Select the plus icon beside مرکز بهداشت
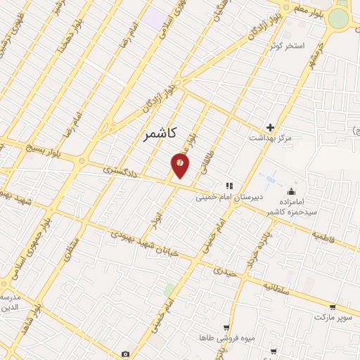(x=270, y=127)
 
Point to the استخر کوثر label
(x=287, y=46)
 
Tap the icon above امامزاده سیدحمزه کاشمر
(x=291, y=191)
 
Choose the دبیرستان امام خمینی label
(x=229, y=198)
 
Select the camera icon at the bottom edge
(x=125, y=354)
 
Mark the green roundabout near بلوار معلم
(x=339, y=18)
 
